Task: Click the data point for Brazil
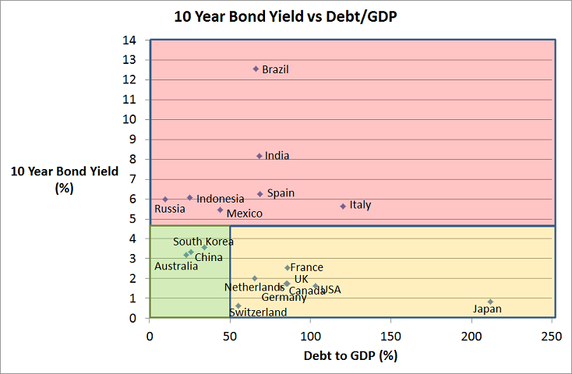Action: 256,69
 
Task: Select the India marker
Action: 260,156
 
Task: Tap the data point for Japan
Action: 490,302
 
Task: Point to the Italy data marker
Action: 343,206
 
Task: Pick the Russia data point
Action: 165,199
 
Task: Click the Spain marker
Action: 260,194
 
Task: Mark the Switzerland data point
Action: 238,305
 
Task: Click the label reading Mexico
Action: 244,213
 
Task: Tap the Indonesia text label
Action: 220,199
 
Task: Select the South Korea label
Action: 203,242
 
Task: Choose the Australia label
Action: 176,266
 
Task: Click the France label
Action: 306,267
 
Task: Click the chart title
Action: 286,16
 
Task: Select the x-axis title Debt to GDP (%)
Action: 351,356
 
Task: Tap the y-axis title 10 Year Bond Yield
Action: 65,179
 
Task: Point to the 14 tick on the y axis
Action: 131,40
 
